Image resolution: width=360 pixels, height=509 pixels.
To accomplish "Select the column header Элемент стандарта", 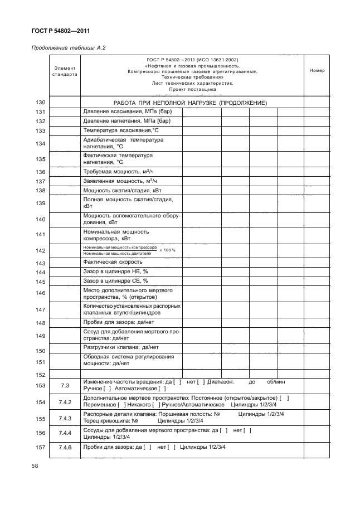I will coord(65,70).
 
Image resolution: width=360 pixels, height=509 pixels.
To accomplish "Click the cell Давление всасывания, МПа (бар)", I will coord(126,112).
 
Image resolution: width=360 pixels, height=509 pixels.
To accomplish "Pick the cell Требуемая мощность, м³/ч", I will coord(120,172).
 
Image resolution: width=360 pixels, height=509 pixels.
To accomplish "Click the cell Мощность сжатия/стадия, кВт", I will coord(121,190).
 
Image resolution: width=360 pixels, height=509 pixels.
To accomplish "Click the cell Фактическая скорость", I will coord(113,262).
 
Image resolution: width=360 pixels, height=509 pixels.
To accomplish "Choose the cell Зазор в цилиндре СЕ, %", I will coord(115,281).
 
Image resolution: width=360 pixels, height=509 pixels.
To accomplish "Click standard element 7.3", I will coord(65,385).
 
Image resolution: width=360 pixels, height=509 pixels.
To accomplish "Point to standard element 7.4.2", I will coord(65,401).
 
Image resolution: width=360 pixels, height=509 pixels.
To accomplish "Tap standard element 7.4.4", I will coord(65,433).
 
